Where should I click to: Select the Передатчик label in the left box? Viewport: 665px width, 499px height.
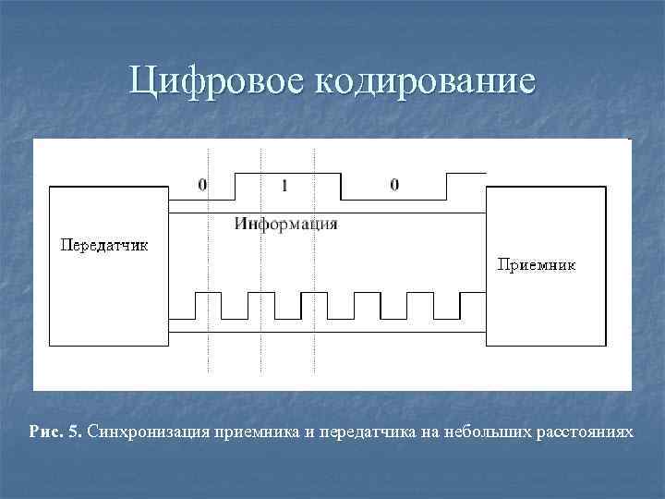(x=104, y=245)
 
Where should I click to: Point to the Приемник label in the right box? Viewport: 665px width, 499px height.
(x=537, y=264)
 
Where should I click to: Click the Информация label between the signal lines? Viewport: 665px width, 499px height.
(x=285, y=224)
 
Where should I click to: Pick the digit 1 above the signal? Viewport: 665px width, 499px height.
(x=284, y=186)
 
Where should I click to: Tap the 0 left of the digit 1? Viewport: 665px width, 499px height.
(x=202, y=185)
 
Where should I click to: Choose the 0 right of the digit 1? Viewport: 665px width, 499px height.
(x=394, y=185)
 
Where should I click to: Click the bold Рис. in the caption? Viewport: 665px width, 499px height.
(x=46, y=432)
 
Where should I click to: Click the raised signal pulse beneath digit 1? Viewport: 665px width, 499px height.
(x=288, y=173)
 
